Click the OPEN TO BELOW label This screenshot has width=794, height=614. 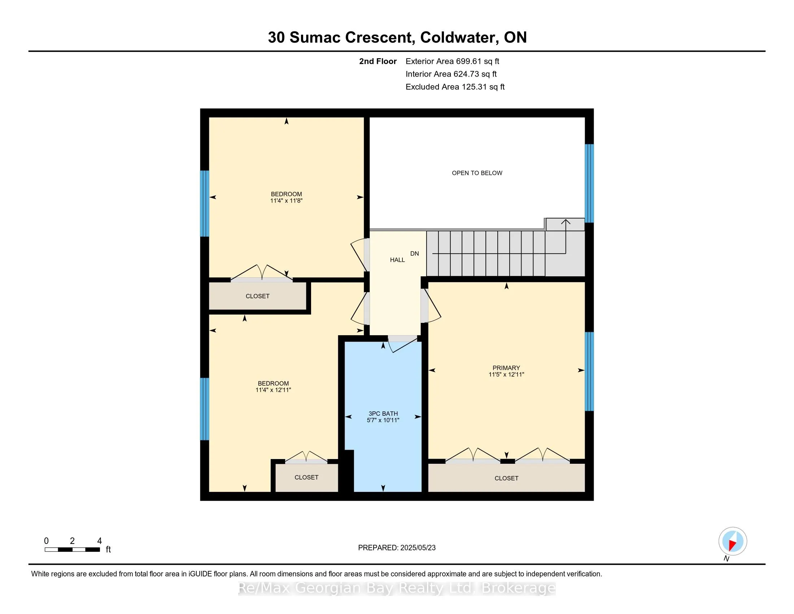click(477, 173)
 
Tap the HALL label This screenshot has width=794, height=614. click(397, 260)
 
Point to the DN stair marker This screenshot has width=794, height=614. click(414, 254)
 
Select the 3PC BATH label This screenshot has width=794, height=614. click(383, 414)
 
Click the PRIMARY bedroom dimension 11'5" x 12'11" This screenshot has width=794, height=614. click(506, 374)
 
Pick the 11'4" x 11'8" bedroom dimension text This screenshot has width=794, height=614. click(286, 200)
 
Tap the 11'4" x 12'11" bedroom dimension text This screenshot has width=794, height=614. click(273, 390)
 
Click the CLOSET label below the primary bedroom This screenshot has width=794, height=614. click(506, 478)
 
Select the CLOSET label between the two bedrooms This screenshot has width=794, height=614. click(257, 296)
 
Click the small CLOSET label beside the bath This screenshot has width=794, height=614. click(306, 477)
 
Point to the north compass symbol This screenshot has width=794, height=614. click(732, 541)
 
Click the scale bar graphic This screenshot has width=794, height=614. click(72, 549)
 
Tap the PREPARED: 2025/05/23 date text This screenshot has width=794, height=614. click(397, 548)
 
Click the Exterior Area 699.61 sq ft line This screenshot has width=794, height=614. click(452, 61)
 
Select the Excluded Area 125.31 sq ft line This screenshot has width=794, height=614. click(455, 87)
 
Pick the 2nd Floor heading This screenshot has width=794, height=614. click(378, 61)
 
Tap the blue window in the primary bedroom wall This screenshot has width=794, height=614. click(589, 371)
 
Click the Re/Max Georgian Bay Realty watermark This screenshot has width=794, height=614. click(397, 588)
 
